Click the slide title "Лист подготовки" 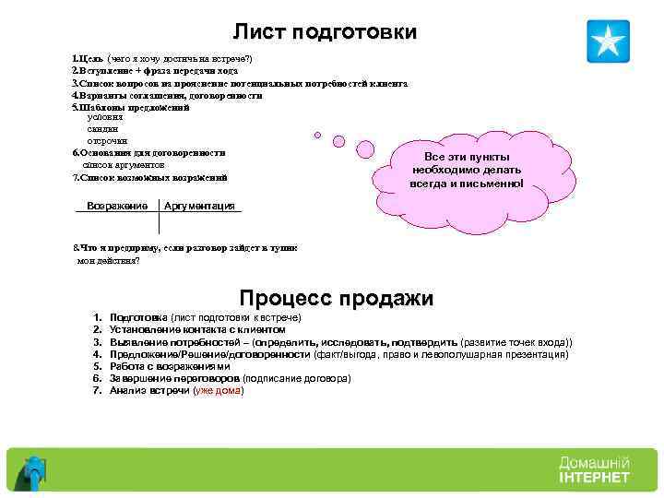(325, 32)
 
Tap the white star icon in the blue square (608, 41)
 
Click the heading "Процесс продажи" (336, 299)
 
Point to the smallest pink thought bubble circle (318, 135)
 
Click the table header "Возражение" (117, 205)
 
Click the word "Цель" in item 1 (90, 58)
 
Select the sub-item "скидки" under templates (102, 129)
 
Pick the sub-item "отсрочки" (107, 140)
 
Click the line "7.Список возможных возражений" (149, 177)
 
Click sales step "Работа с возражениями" (169, 366)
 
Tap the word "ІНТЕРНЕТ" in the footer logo (594, 478)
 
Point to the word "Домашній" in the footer (594, 462)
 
